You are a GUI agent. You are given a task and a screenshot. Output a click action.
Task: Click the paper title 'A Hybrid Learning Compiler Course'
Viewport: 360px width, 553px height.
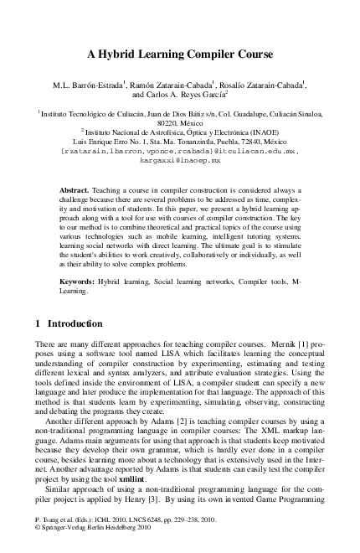pos(180,56)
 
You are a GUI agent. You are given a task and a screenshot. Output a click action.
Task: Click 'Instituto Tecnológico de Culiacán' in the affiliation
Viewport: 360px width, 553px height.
pos(84,111)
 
